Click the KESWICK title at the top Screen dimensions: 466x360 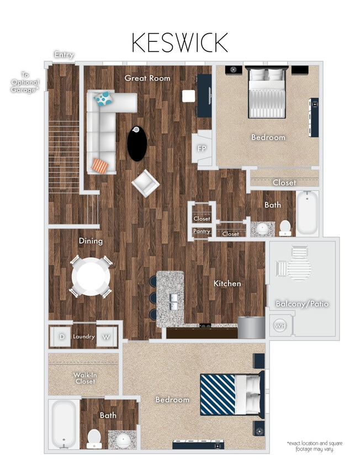tap(179, 43)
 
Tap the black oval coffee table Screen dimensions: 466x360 tap(137, 144)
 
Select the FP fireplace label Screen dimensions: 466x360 tap(202, 149)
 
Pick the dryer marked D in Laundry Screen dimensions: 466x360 tap(62, 336)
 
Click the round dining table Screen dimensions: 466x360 tap(91, 276)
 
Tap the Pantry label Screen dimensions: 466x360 tap(202, 231)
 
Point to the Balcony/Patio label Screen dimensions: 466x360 tap(302, 304)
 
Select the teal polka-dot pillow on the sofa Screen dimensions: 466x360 tap(103, 99)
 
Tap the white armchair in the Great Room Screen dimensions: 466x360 tap(145, 183)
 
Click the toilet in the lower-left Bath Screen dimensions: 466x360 tap(93, 438)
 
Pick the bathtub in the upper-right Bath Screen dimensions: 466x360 tap(308, 213)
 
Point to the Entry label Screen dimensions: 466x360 tap(63, 55)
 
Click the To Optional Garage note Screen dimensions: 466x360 tap(24, 81)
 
